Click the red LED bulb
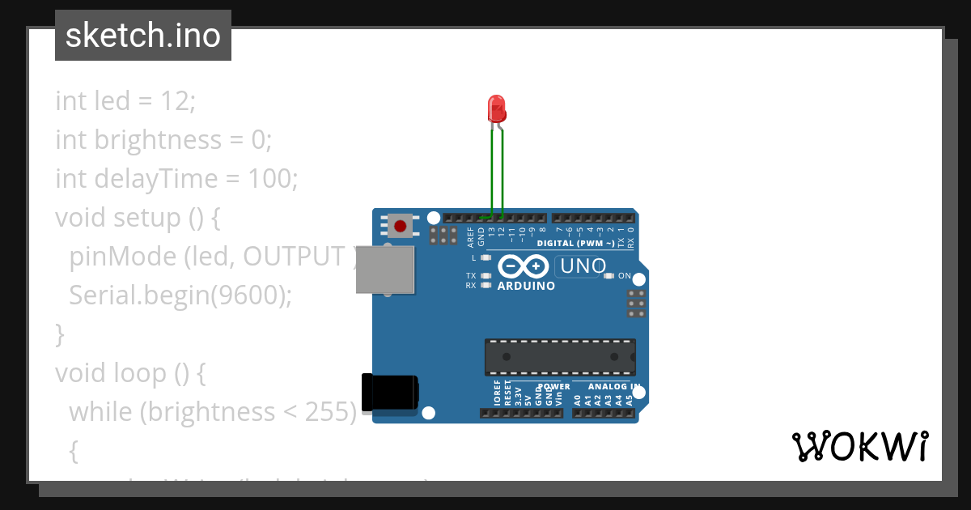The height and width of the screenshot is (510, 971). [496, 108]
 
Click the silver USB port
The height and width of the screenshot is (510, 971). [385, 270]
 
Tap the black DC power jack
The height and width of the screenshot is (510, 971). [389, 392]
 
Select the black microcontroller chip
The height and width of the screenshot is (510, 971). [560, 357]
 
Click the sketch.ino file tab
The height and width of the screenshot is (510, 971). [143, 36]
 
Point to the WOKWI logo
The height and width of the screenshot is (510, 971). [859, 446]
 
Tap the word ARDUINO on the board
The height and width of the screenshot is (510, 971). [526, 286]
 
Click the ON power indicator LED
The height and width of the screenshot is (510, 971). [609, 276]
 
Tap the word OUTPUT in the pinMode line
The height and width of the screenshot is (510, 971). [294, 257]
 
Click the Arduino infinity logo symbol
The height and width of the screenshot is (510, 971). [524, 266]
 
